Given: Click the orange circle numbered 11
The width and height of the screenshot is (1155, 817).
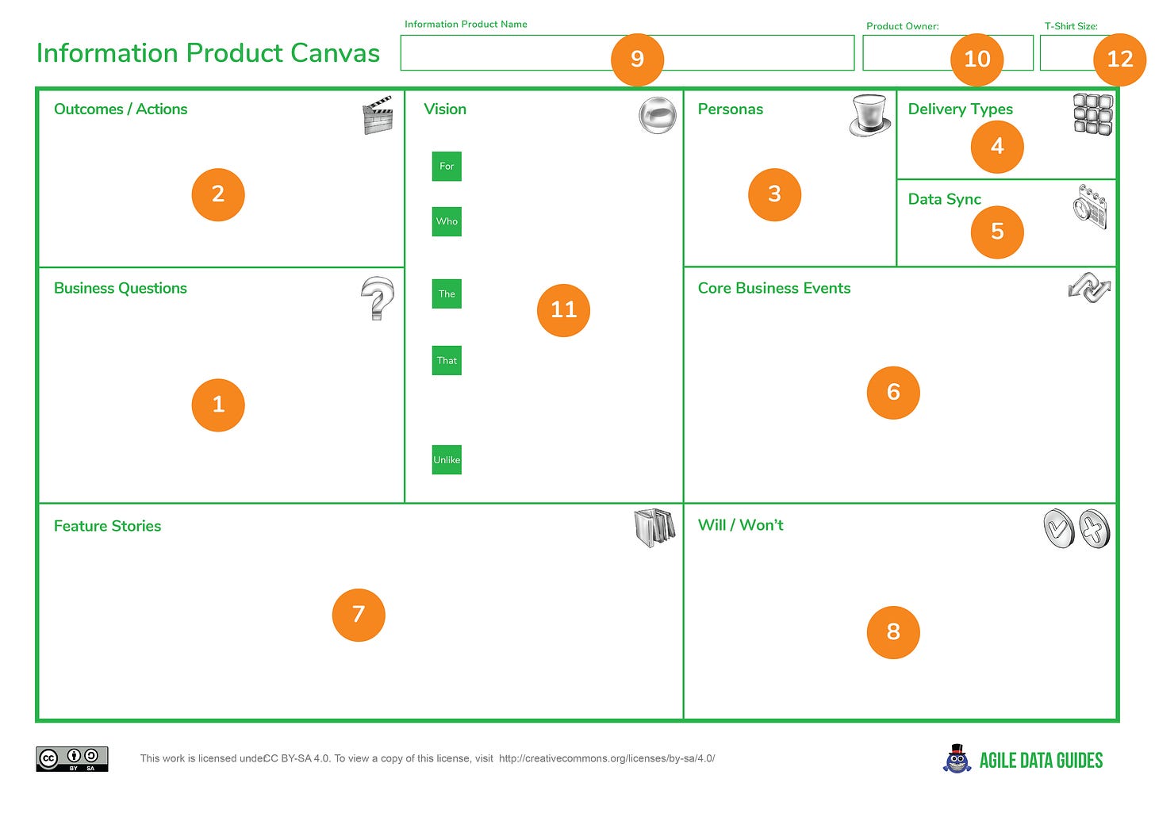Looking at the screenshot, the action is (x=563, y=309).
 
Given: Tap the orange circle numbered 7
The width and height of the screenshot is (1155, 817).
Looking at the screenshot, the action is (x=359, y=615).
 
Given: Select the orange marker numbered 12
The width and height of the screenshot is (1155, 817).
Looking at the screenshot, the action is (x=1119, y=59).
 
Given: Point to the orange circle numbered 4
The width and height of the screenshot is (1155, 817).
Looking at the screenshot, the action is (x=997, y=147).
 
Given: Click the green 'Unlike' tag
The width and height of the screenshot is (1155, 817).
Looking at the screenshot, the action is (x=447, y=460).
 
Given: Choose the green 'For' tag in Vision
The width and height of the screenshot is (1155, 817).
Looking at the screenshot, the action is (x=447, y=167).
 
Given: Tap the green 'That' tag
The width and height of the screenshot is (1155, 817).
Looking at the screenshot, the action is (x=447, y=361).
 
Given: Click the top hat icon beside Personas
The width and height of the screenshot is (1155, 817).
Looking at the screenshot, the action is (x=869, y=116).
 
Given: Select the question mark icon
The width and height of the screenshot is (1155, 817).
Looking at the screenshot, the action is (x=378, y=298).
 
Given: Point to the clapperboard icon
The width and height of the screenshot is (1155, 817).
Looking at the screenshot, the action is (x=378, y=116).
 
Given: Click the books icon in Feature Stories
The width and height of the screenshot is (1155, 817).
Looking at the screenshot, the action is (x=654, y=527).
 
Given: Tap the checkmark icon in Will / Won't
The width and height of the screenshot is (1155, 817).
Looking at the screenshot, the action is (x=1059, y=529).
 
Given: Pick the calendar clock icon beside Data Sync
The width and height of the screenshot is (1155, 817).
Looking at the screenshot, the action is (x=1090, y=207).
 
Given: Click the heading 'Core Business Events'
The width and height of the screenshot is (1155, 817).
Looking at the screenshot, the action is (x=773, y=289).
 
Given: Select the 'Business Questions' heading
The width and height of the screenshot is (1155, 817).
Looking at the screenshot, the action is (x=121, y=289).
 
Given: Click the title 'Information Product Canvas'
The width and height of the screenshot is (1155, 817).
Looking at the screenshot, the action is (x=208, y=53).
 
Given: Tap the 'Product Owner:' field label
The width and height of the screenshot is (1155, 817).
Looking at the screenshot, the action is (x=902, y=26).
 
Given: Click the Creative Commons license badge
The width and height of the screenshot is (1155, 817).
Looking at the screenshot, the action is (x=71, y=759).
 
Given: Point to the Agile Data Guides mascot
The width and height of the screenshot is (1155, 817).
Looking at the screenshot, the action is (x=957, y=759).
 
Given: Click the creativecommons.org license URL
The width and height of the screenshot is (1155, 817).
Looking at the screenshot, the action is (x=607, y=758).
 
